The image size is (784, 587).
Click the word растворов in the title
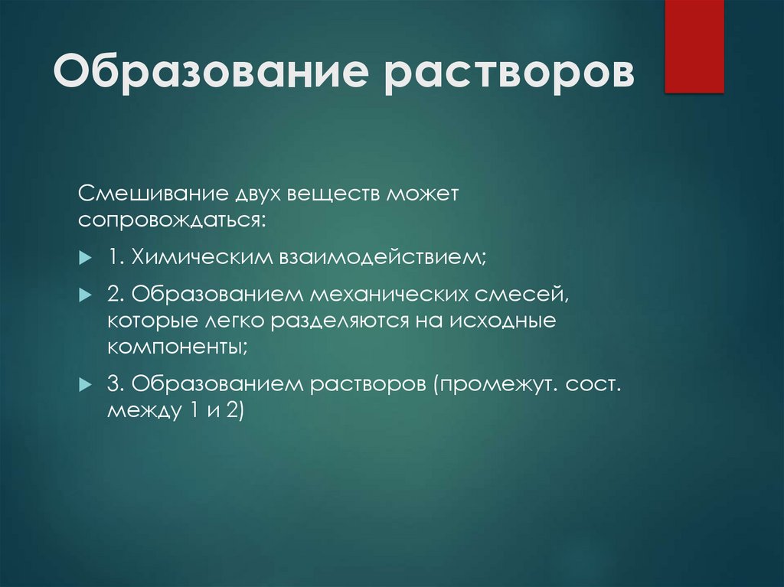(x=509, y=74)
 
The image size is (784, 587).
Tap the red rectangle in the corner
(x=694, y=46)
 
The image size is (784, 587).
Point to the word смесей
(x=535, y=294)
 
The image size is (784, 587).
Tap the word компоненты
(x=176, y=347)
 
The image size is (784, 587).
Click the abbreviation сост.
(x=594, y=383)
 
